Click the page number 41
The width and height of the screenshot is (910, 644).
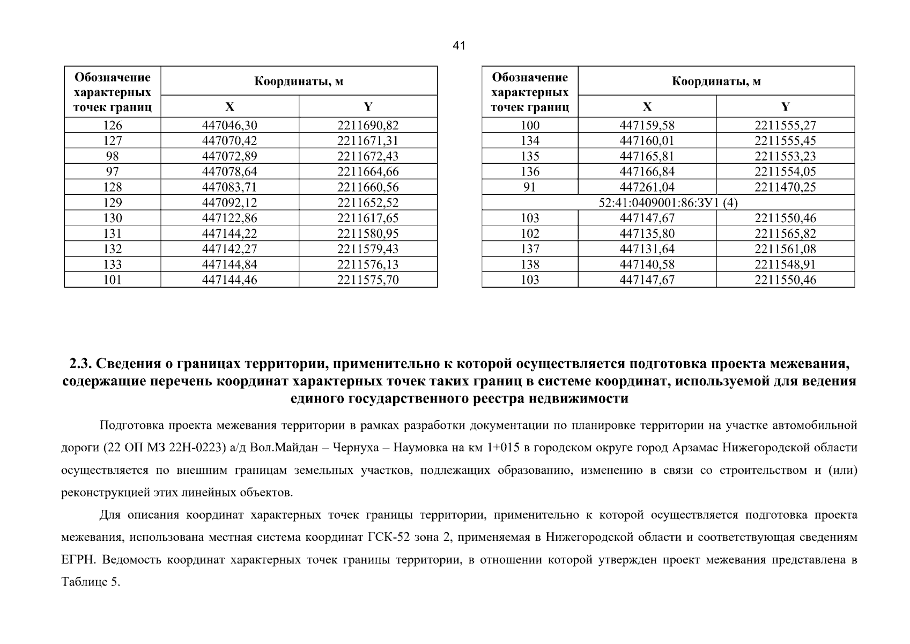[x=458, y=46]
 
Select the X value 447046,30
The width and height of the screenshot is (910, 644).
[x=230, y=126]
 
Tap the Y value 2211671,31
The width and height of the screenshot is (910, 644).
[x=368, y=141]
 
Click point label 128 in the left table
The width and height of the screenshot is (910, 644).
[x=112, y=187]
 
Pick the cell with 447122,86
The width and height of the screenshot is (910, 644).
[x=230, y=218]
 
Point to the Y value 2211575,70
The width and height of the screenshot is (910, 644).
[x=368, y=280]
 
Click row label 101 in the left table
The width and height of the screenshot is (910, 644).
[x=112, y=280]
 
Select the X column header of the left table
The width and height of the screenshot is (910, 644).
[x=230, y=106]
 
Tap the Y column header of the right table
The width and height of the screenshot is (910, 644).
[x=785, y=106]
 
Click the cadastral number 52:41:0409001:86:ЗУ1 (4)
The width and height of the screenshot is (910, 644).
[x=668, y=203]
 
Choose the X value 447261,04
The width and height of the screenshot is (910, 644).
[x=647, y=187]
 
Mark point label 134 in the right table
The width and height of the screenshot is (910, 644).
[x=530, y=141]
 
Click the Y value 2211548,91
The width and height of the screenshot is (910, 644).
[x=785, y=265]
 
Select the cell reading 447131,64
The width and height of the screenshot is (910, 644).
[x=647, y=249]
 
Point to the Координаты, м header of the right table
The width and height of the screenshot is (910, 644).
[x=716, y=82]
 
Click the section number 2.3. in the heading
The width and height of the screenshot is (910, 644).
[x=82, y=364]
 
